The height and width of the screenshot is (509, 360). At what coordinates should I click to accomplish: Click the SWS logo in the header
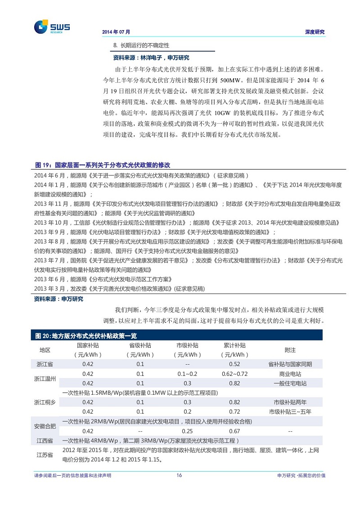(x=52, y=27)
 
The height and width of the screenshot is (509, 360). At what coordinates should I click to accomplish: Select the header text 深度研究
(x=315, y=32)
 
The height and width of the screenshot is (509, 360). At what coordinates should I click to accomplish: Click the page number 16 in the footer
(x=179, y=475)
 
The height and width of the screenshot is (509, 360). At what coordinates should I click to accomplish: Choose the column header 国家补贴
(x=88, y=345)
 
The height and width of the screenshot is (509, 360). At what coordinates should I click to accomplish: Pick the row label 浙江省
(x=45, y=364)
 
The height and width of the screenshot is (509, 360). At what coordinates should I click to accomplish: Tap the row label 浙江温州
(x=45, y=379)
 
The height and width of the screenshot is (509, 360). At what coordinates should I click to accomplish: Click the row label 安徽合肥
(x=45, y=426)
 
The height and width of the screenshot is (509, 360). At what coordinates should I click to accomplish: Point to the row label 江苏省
(x=45, y=455)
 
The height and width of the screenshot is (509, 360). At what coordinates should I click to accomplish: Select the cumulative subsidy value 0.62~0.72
(x=234, y=374)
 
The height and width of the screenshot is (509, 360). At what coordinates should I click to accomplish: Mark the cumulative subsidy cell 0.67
(x=234, y=431)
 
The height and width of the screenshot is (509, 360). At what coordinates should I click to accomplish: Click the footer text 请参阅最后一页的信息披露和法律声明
(x=72, y=475)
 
